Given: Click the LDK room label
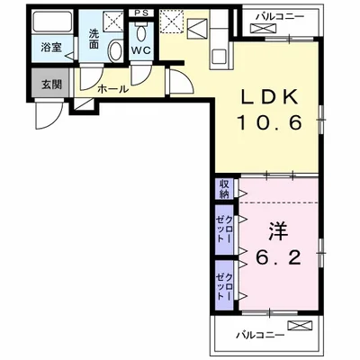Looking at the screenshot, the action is click(x=270, y=96).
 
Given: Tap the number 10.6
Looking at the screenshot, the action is click(x=269, y=122).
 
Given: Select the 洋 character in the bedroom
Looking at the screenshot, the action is click(x=278, y=231).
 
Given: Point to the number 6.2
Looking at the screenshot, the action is click(x=278, y=257).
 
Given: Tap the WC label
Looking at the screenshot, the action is click(x=141, y=50).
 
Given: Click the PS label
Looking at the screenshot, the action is click(x=141, y=13).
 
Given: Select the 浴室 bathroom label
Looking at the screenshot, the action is click(x=51, y=47).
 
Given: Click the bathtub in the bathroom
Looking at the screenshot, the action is click(x=52, y=22).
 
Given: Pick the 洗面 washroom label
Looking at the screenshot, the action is click(x=94, y=39).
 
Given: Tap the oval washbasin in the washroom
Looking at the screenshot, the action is click(x=115, y=51).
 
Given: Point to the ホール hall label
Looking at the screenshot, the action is click(x=112, y=89).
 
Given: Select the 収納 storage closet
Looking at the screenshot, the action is click(x=224, y=189).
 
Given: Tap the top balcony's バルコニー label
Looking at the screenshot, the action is click(x=280, y=17).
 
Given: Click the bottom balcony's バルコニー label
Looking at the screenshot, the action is click(x=260, y=335).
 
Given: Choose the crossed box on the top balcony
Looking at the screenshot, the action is click(x=263, y=29).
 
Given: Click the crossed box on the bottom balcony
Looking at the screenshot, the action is click(x=300, y=326).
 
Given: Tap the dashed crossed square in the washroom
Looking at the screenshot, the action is click(x=113, y=21).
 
